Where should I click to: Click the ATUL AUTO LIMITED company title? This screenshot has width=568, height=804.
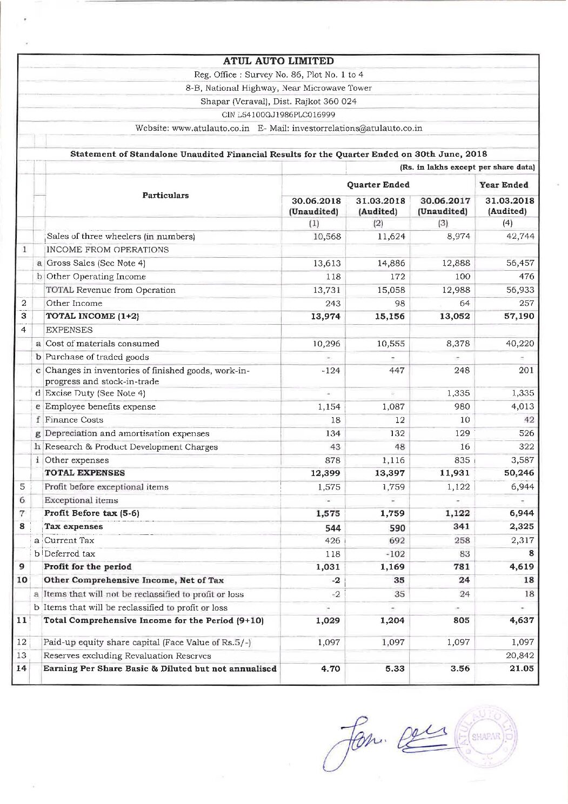point(278,61)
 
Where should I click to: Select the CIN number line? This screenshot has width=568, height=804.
point(278,115)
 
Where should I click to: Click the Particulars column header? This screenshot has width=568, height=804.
point(165,196)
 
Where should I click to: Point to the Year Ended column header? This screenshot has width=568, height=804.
point(504,185)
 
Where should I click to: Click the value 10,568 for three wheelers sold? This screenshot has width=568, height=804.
point(327,237)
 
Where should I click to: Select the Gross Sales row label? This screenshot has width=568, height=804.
point(96,263)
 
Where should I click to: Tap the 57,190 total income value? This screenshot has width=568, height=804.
point(519,316)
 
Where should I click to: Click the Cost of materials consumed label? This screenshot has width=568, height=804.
point(102,344)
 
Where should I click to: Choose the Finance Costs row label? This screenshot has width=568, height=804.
point(74,420)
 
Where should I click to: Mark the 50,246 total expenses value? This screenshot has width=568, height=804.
point(519,473)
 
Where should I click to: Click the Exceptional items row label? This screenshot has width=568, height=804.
point(81,500)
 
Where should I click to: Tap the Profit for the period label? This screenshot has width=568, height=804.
point(88,567)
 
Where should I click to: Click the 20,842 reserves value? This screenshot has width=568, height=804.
point(520,655)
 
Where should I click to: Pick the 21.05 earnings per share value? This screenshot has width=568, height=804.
point(521,668)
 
